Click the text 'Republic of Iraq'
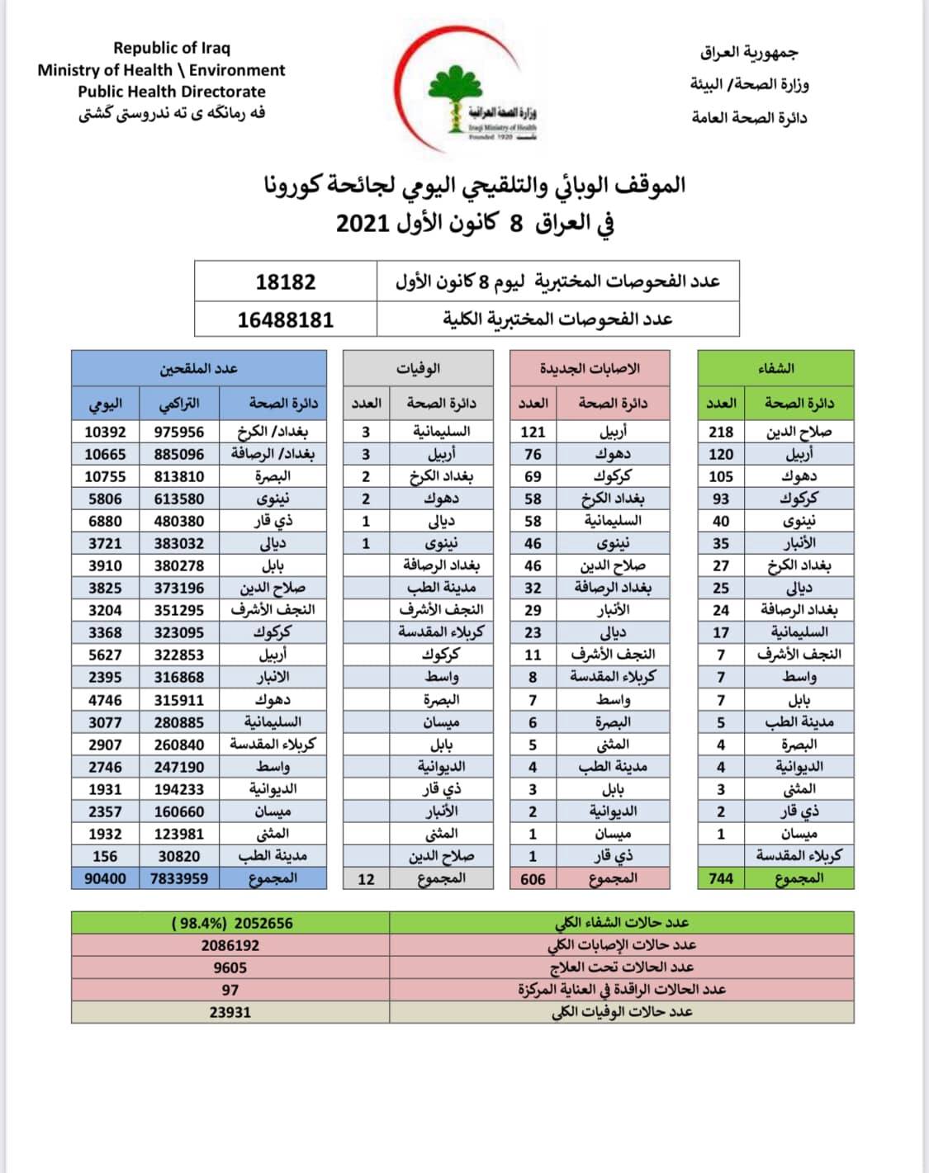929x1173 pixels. (172, 48)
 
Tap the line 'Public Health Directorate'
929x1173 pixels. (172, 92)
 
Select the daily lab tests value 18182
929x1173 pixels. (286, 281)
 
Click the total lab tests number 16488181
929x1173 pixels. (286, 319)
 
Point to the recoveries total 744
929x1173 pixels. (721, 878)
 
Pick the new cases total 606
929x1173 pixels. (533, 879)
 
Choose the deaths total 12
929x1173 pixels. (366, 879)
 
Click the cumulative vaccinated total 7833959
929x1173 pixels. (179, 878)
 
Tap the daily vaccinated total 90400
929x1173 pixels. (105, 878)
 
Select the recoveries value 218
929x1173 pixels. (721, 432)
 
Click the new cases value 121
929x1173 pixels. (533, 432)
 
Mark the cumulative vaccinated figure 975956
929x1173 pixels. (179, 432)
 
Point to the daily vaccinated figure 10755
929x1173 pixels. (105, 476)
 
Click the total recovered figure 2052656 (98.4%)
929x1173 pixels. (232, 923)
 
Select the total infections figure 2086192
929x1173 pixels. (230, 945)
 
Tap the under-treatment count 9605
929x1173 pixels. (230, 967)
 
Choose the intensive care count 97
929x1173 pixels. (230, 990)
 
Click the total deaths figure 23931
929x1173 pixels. (230, 1012)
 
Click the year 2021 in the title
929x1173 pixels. (363, 223)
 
